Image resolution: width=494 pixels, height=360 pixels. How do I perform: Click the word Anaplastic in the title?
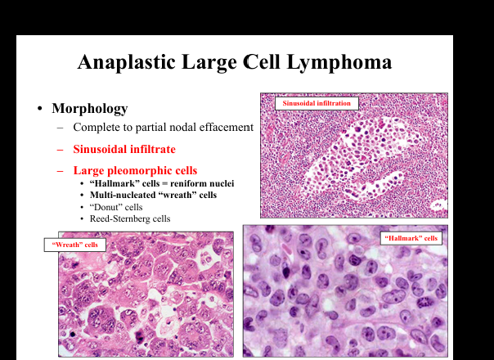(x=127, y=62)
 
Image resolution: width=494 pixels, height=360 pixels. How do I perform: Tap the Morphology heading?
(x=90, y=109)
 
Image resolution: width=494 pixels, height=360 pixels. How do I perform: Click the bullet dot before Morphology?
(x=39, y=109)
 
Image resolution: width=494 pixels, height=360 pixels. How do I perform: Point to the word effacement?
(x=227, y=127)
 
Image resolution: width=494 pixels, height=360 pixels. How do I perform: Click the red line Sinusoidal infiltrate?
(x=124, y=149)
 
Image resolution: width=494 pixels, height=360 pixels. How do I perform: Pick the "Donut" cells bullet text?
(x=116, y=207)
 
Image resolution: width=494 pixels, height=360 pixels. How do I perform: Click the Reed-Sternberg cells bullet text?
(x=130, y=218)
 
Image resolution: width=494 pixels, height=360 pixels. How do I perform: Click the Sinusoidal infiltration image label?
(x=317, y=103)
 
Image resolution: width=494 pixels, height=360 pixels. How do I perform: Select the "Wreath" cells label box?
(x=75, y=245)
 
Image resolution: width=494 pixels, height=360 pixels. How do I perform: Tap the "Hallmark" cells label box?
(x=411, y=238)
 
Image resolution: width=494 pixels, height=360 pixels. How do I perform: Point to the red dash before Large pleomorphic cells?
(x=60, y=170)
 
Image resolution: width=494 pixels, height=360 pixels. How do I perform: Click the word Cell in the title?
(x=261, y=62)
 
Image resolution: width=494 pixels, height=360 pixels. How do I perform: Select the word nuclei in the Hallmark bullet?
(x=223, y=183)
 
